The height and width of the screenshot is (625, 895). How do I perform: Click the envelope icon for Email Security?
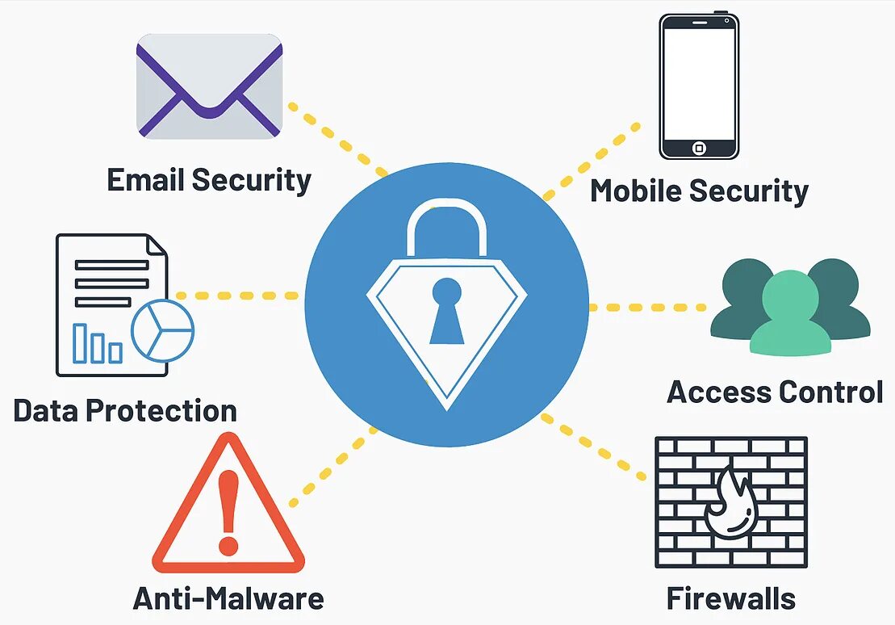coord(209,86)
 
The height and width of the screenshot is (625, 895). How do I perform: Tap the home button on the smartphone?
coord(699,148)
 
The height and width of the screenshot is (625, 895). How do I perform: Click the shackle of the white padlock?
coord(447,222)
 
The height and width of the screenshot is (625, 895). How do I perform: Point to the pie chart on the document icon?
coord(163,331)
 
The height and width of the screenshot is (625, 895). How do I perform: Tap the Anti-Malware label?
coord(228,598)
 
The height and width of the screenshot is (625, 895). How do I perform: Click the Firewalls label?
coord(730,598)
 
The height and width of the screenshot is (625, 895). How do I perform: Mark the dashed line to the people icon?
coord(646,308)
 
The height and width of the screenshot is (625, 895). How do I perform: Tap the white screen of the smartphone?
coord(698,81)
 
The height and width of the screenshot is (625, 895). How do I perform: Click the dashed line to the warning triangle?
coord(331,468)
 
